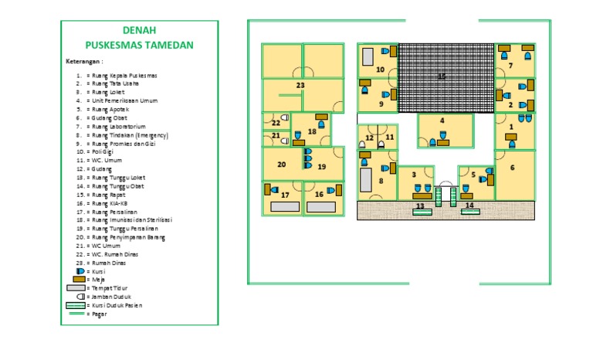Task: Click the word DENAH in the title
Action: pos(140,31)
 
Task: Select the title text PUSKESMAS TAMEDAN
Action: pos(140,45)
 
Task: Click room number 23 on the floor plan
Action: pos(300,85)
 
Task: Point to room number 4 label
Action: pos(442,121)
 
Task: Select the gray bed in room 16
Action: pos(320,207)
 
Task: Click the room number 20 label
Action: pos(281,165)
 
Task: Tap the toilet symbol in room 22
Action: pos(284,118)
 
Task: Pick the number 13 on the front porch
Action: pos(421,206)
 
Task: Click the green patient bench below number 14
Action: pos(470,212)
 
